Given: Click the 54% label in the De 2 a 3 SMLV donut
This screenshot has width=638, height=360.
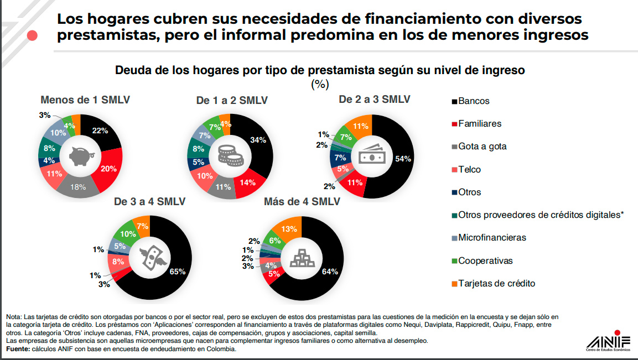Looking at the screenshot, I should pos(403,159).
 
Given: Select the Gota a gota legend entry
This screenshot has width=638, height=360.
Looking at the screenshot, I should pos(481,147).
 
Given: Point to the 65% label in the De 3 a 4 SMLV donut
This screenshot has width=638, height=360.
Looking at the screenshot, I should pos(178,272).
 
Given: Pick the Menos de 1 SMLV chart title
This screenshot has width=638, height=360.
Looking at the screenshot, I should pos(85,100).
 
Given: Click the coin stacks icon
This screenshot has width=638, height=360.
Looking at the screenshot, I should pos(231,156).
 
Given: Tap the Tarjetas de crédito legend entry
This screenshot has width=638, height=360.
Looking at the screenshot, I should pos(496,284).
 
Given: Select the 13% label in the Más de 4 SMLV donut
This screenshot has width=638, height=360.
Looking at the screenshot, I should pos(289,229).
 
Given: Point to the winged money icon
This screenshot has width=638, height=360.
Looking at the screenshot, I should pos(149,257).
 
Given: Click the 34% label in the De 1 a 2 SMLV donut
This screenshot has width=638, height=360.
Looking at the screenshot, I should pos(258,140).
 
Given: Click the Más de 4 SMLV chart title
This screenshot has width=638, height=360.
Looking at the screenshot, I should pos(302,201).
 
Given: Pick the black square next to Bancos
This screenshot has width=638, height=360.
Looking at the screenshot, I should pos(454,102).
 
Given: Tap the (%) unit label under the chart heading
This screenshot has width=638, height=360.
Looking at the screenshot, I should pos(320,84).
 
